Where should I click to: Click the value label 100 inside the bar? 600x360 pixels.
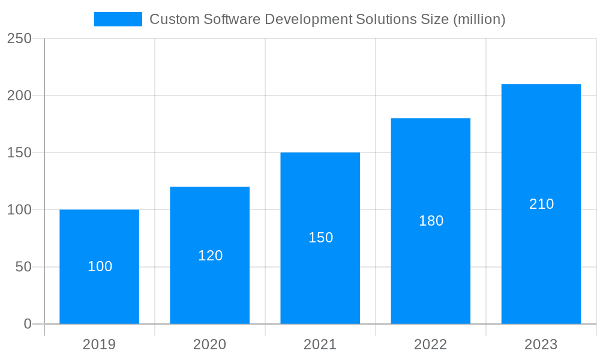[100, 267]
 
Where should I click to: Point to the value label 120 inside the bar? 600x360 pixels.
[210, 256]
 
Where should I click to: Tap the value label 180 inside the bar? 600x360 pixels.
[431, 221]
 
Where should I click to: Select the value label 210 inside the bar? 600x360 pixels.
[541, 205]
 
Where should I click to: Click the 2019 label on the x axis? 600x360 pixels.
[99, 344]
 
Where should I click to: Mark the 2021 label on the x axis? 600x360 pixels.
[320, 344]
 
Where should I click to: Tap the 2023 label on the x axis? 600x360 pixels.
[541, 344]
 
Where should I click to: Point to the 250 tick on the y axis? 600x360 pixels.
[19, 38]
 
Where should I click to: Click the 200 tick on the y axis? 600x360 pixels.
[19, 95]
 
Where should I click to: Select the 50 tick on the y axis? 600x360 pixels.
[23, 267]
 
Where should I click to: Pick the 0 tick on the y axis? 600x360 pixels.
[28, 324]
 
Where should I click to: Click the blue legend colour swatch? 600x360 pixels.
[118, 19]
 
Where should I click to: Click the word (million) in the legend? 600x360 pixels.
[479, 19]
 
